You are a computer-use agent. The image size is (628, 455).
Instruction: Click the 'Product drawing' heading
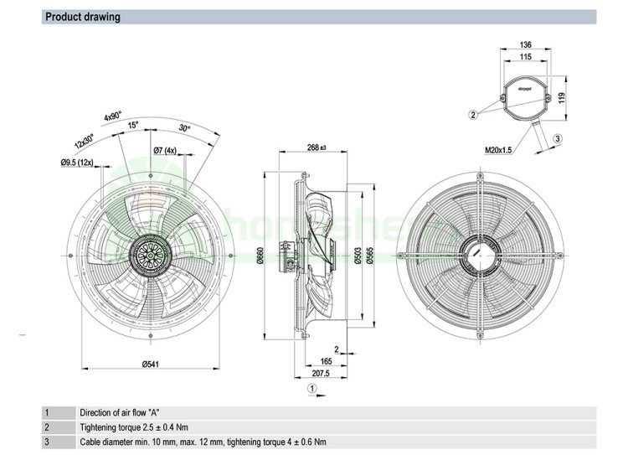(82, 17)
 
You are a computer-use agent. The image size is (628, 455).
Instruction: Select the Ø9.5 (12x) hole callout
(79, 162)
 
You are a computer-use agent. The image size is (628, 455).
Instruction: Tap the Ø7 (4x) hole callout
(166, 150)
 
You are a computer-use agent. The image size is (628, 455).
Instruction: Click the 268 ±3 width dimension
(316, 148)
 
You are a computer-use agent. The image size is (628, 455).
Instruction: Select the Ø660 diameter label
(260, 256)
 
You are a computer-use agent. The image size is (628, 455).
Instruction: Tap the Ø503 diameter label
(358, 256)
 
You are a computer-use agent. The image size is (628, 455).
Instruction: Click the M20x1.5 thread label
(498, 150)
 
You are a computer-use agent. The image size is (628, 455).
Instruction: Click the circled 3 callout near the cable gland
(558, 138)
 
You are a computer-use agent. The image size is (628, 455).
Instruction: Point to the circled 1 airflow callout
(311, 388)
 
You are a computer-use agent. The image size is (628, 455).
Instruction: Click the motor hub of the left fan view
(152, 251)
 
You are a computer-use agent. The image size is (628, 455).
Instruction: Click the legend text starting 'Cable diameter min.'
(203, 442)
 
